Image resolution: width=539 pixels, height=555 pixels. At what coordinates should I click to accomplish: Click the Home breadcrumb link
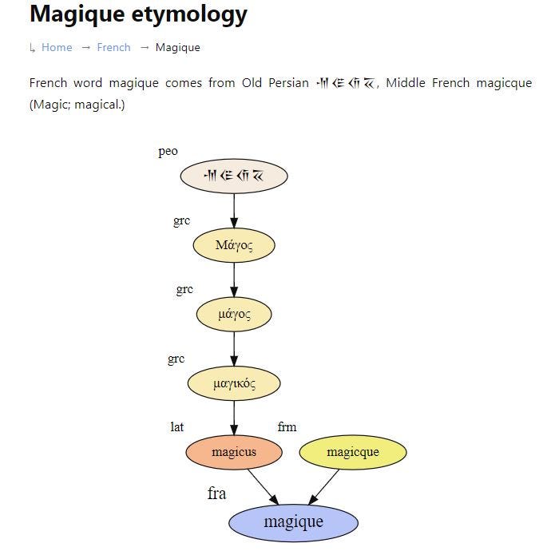pos(57,47)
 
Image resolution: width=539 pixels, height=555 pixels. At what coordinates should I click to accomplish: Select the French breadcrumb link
pos(113,47)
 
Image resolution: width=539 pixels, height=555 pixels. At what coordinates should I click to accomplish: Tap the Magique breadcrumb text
pos(177,47)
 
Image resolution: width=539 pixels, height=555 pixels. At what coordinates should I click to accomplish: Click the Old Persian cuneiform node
pos(233,176)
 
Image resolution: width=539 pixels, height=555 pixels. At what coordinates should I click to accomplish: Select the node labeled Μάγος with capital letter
pos(234,245)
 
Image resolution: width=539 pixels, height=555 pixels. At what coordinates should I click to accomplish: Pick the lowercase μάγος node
pos(234,315)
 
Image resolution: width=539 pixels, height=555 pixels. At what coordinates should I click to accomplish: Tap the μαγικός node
pos(234,384)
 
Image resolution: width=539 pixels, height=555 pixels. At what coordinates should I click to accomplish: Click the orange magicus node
pos(234,453)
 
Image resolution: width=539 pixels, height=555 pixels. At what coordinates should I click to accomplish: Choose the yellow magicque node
pos(352,453)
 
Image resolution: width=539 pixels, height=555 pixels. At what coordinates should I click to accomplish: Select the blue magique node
pos(293,522)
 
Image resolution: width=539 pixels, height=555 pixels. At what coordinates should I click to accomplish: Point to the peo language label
pos(168,152)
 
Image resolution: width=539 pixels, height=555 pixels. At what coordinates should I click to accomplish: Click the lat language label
pos(176,427)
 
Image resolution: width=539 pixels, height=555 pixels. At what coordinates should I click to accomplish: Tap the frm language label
pos(287,427)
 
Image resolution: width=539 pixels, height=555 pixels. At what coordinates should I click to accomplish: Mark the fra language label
pos(216,494)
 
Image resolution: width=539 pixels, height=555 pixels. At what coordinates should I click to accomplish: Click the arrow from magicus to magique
pos(262,486)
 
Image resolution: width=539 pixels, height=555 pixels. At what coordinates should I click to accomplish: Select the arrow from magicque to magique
pos(324,486)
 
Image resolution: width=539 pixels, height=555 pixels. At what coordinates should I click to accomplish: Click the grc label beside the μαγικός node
pos(176,359)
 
